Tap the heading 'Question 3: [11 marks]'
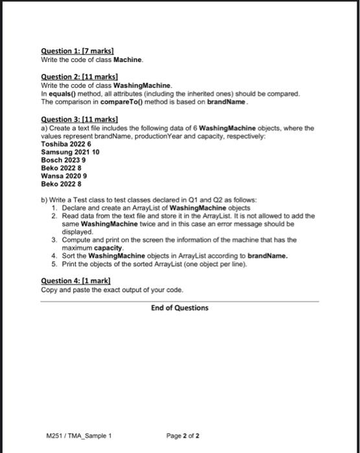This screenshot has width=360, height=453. tap(79, 120)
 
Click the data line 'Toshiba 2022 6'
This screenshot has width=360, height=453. tap(66, 144)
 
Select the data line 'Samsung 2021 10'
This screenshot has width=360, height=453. tap(69, 152)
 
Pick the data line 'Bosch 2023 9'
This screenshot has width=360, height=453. tap(63, 160)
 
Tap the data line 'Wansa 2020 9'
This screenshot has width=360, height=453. tap(64, 175)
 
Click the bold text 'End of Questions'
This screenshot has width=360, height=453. tap(180, 307)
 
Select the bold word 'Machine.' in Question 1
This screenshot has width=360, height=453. tap(128, 60)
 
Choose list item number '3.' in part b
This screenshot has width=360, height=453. tap(54, 239)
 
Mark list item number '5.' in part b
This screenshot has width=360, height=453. tap(54, 263)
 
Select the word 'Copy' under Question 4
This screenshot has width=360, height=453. tap(49, 289)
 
